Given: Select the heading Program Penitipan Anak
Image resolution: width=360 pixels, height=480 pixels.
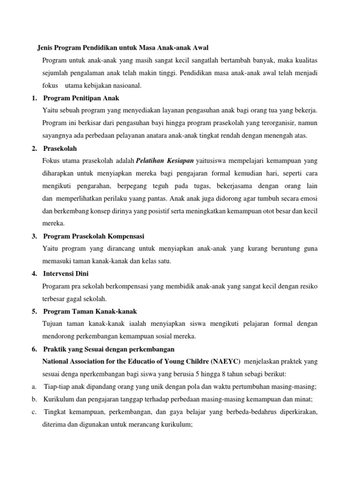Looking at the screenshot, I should pos(81,98).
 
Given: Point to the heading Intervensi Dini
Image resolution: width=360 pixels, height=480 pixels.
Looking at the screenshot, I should pos(66,273).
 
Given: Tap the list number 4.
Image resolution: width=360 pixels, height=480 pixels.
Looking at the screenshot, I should pos(34,273).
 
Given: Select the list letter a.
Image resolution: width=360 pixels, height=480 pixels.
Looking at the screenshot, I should pos(34,387).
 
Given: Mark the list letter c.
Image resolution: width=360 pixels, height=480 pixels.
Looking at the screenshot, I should pos(34,412).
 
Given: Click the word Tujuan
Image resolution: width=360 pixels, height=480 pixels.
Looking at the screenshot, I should pos(53,324).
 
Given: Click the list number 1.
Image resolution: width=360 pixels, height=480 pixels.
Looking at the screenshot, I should pos(34,98).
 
